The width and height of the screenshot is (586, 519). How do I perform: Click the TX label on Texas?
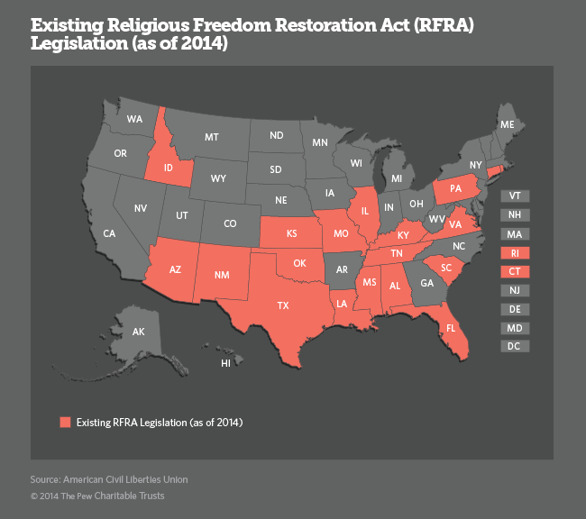coord(283,305)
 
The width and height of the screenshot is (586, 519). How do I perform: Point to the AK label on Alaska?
coord(139,332)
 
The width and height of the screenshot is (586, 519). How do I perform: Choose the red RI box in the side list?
coord(515,252)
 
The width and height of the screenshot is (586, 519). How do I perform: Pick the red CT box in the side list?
coord(515,271)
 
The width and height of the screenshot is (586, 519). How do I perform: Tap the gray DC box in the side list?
coord(515,346)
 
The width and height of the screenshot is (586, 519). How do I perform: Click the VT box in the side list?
coord(515,196)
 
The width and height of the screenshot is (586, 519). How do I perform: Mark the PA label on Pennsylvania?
coord(454,190)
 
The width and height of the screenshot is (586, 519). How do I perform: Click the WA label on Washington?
coord(135,119)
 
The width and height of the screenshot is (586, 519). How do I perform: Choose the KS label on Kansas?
coord(292,233)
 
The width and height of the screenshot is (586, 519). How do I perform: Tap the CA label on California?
coord(109,233)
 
